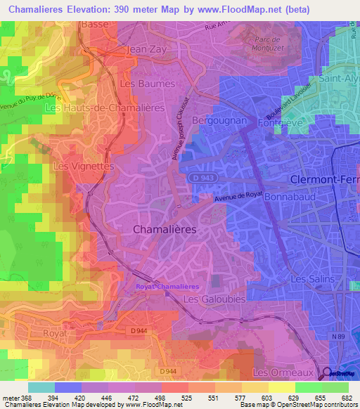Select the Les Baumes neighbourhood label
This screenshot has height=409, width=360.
[148, 84]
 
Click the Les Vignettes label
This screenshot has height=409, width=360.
[83, 167]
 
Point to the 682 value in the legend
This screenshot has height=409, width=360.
[348, 397]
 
